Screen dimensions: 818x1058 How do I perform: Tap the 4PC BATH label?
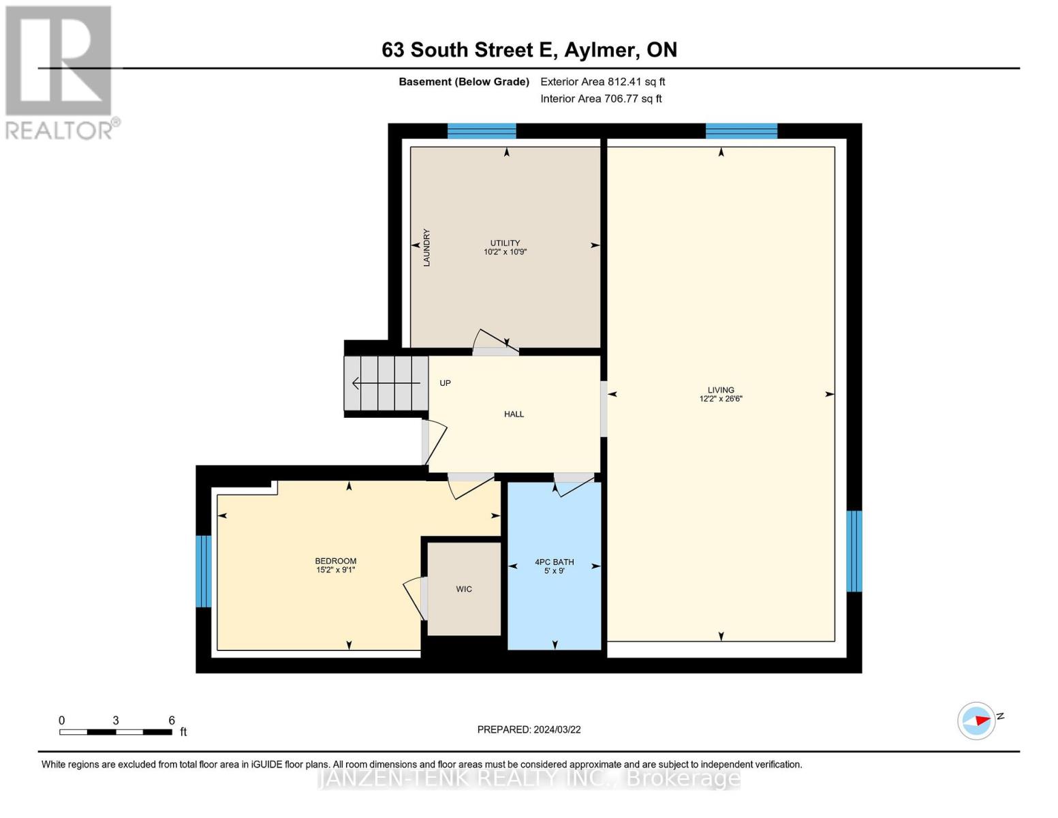pyautogui.click(x=554, y=562)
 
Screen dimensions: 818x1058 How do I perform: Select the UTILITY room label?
pyautogui.click(x=505, y=243)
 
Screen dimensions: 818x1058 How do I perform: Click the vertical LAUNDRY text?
pyautogui.click(x=426, y=247)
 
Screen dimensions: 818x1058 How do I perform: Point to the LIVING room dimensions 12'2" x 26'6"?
pyautogui.click(x=720, y=399)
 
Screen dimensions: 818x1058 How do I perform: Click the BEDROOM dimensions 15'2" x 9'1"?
pyautogui.click(x=335, y=570)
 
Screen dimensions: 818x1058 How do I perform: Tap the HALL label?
pyautogui.click(x=514, y=414)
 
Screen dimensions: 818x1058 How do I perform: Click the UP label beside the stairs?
pyautogui.click(x=445, y=383)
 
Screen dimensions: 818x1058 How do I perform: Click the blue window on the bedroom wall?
pyautogui.click(x=203, y=571)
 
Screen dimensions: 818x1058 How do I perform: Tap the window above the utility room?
pyautogui.click(x=482, y=131)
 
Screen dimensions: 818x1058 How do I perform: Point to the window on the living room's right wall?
pyautogui.click(x=854, y=551)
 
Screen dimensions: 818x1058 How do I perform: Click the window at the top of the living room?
pyautogui.click(x=741, y=131)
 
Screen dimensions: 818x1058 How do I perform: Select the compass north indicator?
pyautogui.click(x=978, y=721)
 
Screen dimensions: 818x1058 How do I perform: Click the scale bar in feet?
pyautogui.click(x=116, y=731)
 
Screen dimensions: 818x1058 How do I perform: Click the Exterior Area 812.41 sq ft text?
pyautogui.click(x=602, y=82)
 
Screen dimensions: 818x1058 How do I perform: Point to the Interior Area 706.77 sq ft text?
pyautogui.click(x=601, y=99)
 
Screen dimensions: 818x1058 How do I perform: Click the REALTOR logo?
pyautogui.click(x=60, y=72)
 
